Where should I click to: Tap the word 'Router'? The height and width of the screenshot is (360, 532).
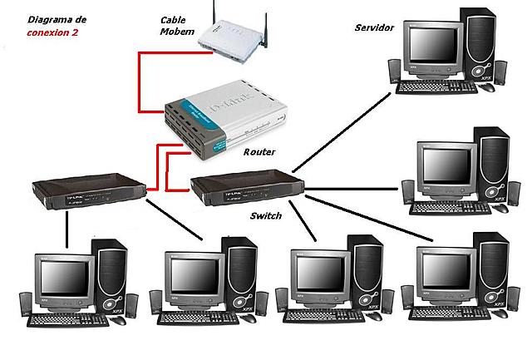259,152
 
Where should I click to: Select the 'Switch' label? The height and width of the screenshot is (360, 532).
266,215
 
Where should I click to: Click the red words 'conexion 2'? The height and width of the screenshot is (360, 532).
54,31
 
